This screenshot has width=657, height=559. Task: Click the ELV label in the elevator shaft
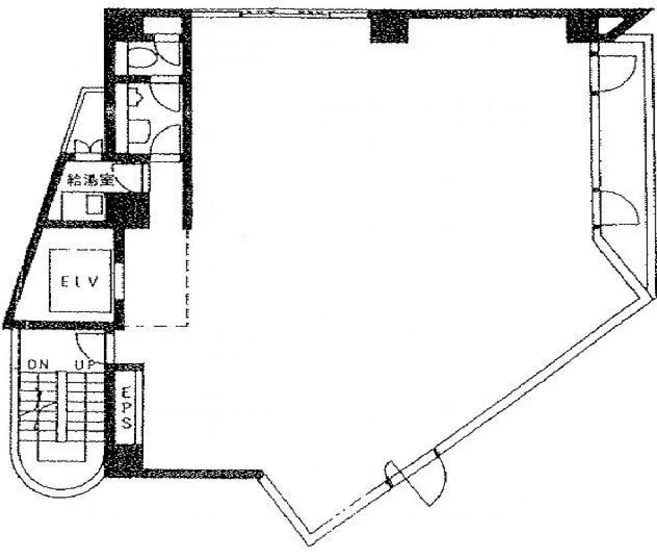[x=80, y=281]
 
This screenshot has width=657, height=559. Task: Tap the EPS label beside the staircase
[x=127, y=407]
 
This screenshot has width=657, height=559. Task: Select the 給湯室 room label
[x=91, y=180]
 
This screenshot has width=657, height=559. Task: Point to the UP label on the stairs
[x=86, y=364]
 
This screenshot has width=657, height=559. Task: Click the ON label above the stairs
[x=38, y=364]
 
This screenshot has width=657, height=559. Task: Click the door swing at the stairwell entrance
[x=89, y=347]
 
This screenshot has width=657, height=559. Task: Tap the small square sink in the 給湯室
[x=95, y=205]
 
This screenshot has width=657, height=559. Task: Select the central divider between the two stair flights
[x=62, y=406]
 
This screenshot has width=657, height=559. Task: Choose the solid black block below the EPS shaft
[x=125, y=460]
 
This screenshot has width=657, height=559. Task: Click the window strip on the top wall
[x=280, y=13]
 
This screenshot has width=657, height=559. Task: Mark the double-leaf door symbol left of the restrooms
[x=88, y=147]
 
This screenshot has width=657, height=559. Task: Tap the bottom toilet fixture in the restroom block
[x=137, y=131]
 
